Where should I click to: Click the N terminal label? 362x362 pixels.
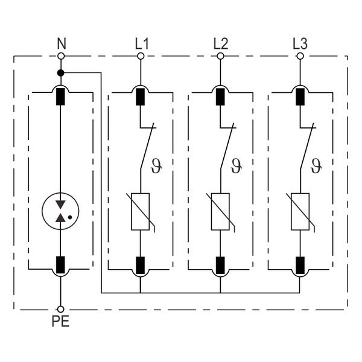point(61,43)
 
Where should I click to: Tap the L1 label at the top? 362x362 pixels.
point(141,43)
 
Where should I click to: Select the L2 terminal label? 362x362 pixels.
point(220,43)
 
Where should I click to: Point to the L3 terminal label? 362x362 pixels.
point(299,43)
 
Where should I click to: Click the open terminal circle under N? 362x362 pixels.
point(61,56)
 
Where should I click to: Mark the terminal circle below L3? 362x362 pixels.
point(299,56)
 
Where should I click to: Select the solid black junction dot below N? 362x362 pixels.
point(61,73)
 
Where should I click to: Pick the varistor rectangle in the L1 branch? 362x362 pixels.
point(141,212)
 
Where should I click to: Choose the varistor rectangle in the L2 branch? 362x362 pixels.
point(220,212)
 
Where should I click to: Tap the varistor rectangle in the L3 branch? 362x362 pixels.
point(299,212)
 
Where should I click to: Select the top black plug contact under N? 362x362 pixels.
point(61,97)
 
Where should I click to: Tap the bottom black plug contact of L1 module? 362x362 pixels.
point(141,264)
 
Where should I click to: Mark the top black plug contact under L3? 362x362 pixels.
point(299,97)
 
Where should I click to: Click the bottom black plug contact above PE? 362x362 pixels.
point(61,264)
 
